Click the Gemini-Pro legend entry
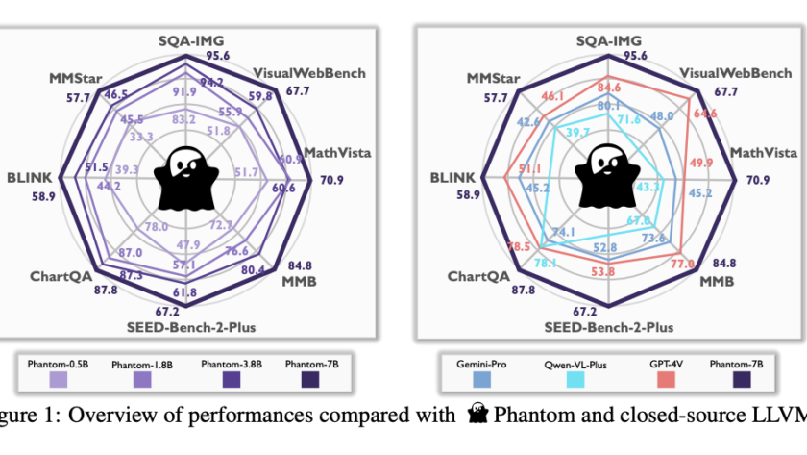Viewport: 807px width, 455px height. [480, 371]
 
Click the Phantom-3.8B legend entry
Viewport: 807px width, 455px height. [228, 372]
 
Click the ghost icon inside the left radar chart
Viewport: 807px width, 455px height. [183, 179]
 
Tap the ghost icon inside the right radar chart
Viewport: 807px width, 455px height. [604, 179]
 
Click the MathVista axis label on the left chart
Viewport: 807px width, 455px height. [338, 152]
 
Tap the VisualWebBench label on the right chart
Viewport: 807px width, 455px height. [736, 74]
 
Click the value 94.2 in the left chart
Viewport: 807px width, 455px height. [211, 82]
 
